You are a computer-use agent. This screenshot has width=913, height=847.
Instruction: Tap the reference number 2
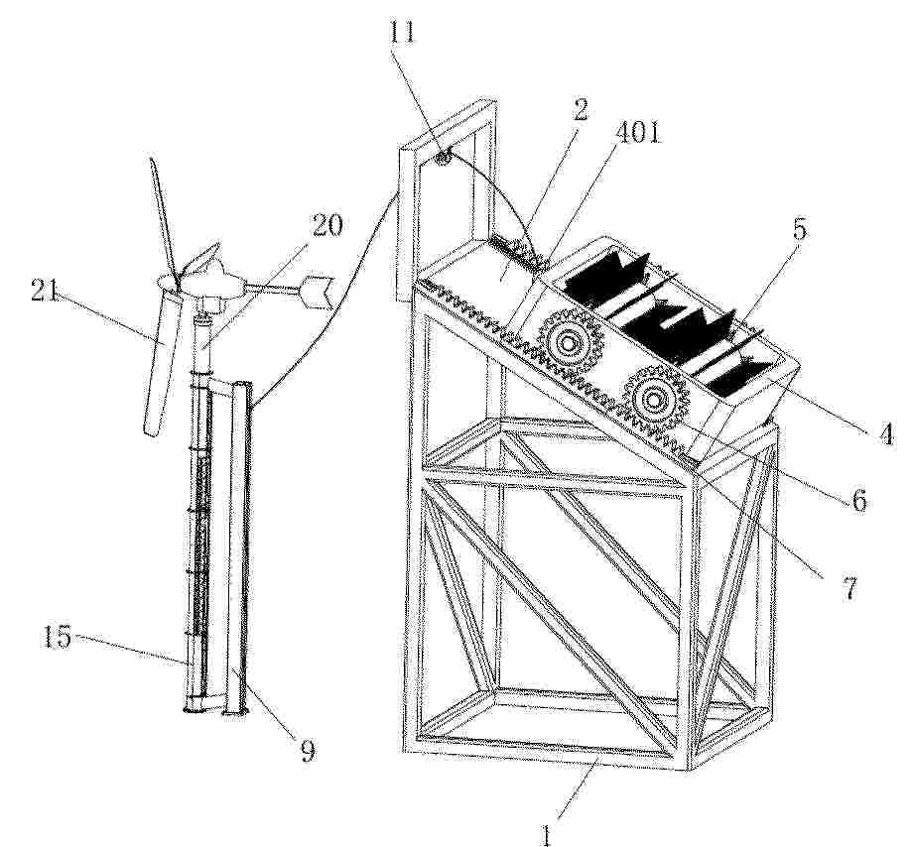(x=579, y=109)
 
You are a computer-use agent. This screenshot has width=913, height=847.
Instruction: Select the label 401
(x=639, y=133)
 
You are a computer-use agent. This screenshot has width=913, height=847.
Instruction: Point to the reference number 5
(x=801, y=229)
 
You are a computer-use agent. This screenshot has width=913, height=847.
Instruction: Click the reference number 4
(x=885, y=434)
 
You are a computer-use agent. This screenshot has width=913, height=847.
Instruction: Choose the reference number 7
(x=850, y=589)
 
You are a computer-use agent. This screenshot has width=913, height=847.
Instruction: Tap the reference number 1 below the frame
(x=546, y=836)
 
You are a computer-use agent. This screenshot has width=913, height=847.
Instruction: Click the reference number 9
(x=308, y=751)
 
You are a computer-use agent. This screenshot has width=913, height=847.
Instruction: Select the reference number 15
(x=58, y=638)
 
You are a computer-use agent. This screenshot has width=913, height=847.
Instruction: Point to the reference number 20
(x=327, y=226)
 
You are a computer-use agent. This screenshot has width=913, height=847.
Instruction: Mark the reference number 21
(x=45, y=291)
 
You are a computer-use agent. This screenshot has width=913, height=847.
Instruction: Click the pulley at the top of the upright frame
(x=446, y=157)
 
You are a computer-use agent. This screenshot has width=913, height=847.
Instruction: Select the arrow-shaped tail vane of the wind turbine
(x=315, y=292)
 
